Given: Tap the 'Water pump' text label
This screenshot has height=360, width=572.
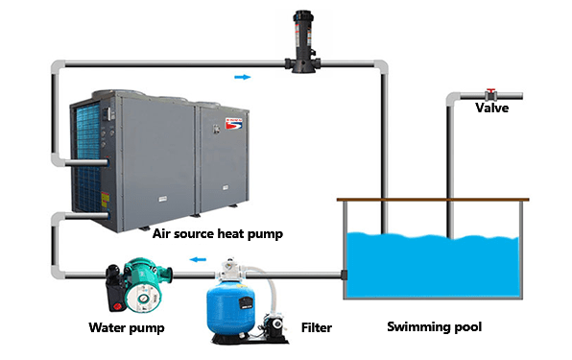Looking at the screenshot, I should [127, 327].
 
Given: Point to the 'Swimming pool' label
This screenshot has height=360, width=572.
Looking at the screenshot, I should [434, 326].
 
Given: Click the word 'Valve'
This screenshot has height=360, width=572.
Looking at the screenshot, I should [492, 108].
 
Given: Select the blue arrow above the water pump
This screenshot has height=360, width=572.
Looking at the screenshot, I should [196, 258].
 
